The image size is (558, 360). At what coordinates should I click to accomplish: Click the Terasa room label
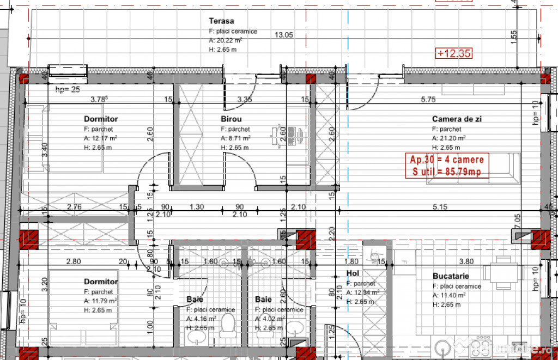(x=221, y=21)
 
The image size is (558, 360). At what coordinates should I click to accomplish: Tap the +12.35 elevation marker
(x=453, y=53)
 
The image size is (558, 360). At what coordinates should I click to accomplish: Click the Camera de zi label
(x=457, y=119)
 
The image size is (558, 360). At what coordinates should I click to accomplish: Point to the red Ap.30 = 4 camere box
(x=446, y=166)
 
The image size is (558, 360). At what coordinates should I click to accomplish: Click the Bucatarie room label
(x=451, y=276)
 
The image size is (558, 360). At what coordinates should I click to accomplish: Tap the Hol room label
(x=352, y=273)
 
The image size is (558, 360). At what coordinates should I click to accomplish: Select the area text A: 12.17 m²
(x=101, y=138)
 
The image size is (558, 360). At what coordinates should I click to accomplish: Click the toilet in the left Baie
(x=228, y=326)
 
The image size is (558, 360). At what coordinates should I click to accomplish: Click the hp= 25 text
(x=68, y=89)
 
